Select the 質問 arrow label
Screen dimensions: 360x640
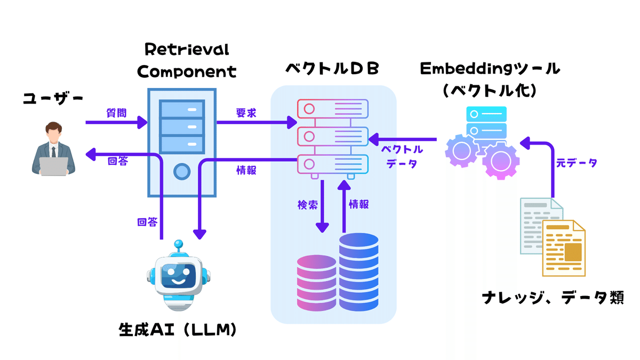point(117,113)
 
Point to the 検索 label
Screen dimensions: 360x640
point(308,204)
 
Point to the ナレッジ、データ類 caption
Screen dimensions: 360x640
point(553,297)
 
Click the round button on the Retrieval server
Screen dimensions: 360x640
point(182,172)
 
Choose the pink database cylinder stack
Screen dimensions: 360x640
point(317,283)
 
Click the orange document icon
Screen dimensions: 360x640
point(564,248)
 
